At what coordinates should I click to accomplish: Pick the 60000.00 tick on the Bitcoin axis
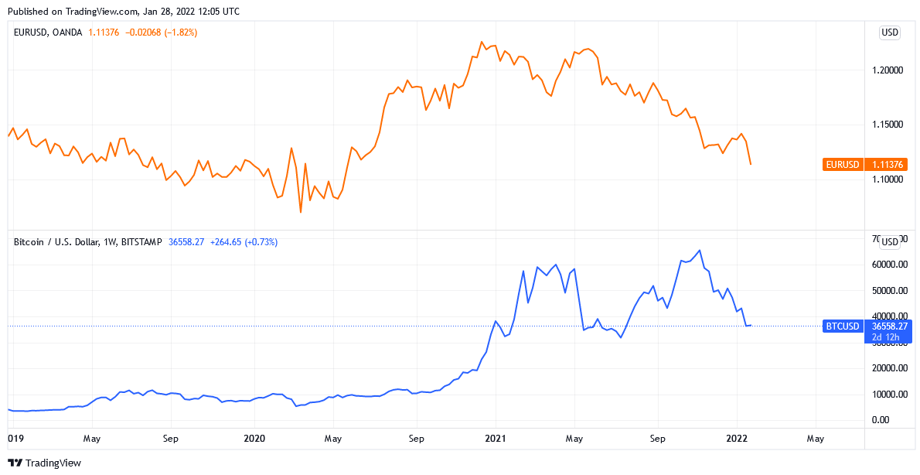tap(891, 265)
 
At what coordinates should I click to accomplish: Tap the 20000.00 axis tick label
tap(891, 368)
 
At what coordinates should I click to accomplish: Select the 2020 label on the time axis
tap(254, 439)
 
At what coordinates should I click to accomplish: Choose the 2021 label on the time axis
tap(495, 439)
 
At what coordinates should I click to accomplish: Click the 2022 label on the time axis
tap(736, 439)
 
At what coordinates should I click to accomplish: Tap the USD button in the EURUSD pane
tap(890, 32)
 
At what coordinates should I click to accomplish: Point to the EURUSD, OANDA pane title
tap(48, 32)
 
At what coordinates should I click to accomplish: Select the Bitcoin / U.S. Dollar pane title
tap(87, 242)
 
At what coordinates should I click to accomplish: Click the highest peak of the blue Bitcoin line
tap(700, 250)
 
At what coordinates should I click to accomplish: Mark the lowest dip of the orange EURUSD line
tap(300, 212)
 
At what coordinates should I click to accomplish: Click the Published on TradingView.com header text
tap(123, 12)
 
